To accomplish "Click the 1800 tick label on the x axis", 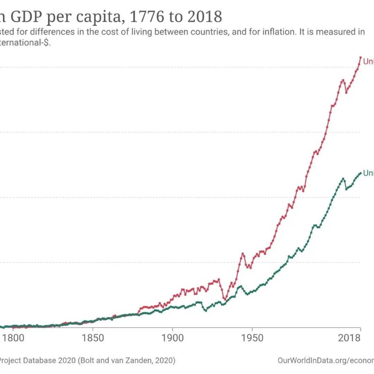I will pos(13,337).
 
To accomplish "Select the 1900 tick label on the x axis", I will pos(172,337).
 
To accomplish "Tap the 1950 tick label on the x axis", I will pos(252,337).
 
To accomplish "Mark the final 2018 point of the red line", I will pos(360,58).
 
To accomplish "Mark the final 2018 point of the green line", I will pos(360,173).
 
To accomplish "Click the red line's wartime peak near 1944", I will pos(243,254).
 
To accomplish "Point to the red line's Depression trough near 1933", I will pos(225,299).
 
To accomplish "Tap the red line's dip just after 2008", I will pos(346,92).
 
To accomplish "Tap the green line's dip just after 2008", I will pos(346,189).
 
